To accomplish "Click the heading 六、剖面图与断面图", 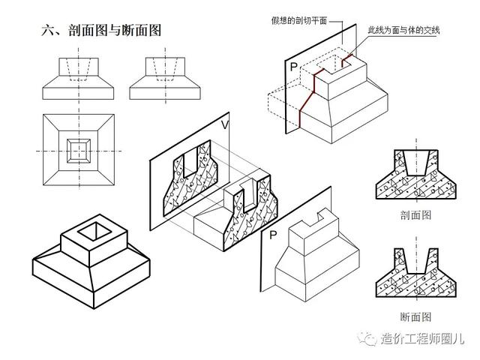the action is pos(101,30).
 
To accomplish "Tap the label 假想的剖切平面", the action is pos(298,20).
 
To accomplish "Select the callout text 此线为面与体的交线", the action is pos(403,30).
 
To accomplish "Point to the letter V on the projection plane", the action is pos(225,124).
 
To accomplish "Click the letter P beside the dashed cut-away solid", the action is pos(294,67).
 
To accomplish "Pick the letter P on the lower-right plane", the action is pos(273,235).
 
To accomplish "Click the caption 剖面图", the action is pos(415,215).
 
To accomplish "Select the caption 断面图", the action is pos(415,316).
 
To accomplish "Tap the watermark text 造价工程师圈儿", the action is pos(423,338).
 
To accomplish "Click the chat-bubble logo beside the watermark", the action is pos(367,338).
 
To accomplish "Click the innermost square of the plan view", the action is pos(79,150).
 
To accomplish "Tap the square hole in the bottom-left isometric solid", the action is pos(95,230).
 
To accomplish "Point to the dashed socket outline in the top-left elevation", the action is pos(79,69).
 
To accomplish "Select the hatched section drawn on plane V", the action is pos(190,178).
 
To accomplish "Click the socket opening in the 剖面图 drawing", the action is pos(416,163).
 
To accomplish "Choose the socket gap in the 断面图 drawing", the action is pos(416,261).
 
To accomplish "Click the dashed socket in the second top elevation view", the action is pos(166,69).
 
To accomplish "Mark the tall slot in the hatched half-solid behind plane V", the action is pos(250,195).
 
